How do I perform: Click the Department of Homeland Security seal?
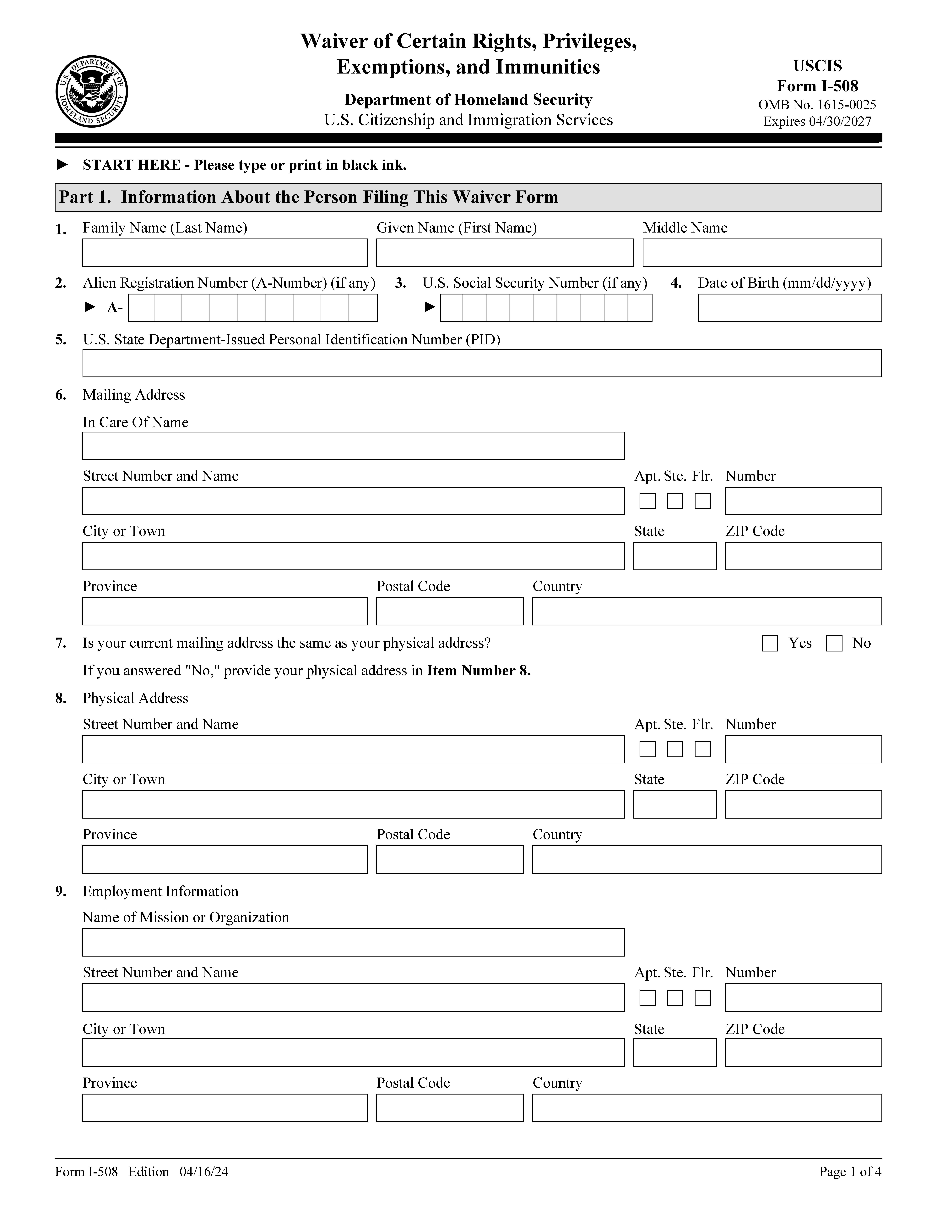coord(92,92)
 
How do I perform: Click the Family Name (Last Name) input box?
coord(225,253)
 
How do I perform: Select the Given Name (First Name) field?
coord(505,253)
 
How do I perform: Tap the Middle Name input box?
coord(762,253)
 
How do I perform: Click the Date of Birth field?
coord(789,308)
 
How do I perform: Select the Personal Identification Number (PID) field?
coord(482,363)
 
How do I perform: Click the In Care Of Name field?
coord(353,446)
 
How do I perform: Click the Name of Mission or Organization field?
coord(353,942)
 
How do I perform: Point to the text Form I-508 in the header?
coord(817,86)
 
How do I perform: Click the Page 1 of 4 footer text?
coord(850,1172)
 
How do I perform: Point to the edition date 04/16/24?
coord(204,1172)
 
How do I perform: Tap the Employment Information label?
coord(160,891)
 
